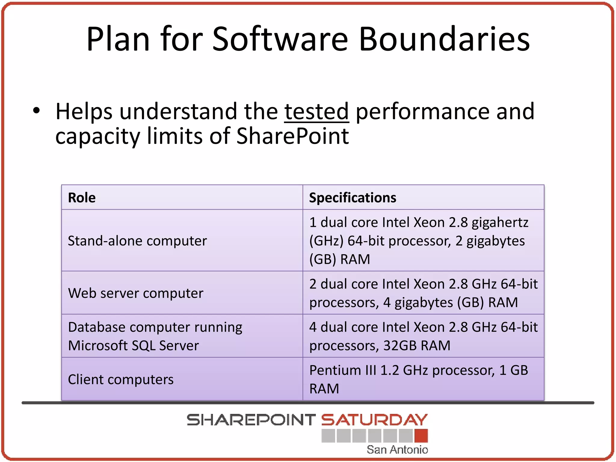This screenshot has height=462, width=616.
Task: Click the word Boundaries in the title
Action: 444,39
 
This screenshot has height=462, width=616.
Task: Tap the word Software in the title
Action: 280,39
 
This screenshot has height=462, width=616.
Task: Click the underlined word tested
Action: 316,112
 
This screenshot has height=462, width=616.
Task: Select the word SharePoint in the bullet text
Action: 292,136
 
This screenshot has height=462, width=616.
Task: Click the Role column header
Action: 82,198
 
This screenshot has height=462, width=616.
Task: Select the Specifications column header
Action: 353,198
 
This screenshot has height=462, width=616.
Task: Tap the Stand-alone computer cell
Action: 137,241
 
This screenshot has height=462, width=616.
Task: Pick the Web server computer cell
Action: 136,293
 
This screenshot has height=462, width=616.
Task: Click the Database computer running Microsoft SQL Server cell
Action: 155,336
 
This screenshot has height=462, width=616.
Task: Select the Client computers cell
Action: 121,380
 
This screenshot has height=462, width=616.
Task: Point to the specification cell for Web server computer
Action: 423,293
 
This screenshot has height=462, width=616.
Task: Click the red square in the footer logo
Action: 421,436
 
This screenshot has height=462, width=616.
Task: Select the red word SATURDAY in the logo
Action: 374,420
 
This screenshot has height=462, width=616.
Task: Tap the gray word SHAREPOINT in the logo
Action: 251,420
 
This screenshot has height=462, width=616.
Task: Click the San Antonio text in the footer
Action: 397,450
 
